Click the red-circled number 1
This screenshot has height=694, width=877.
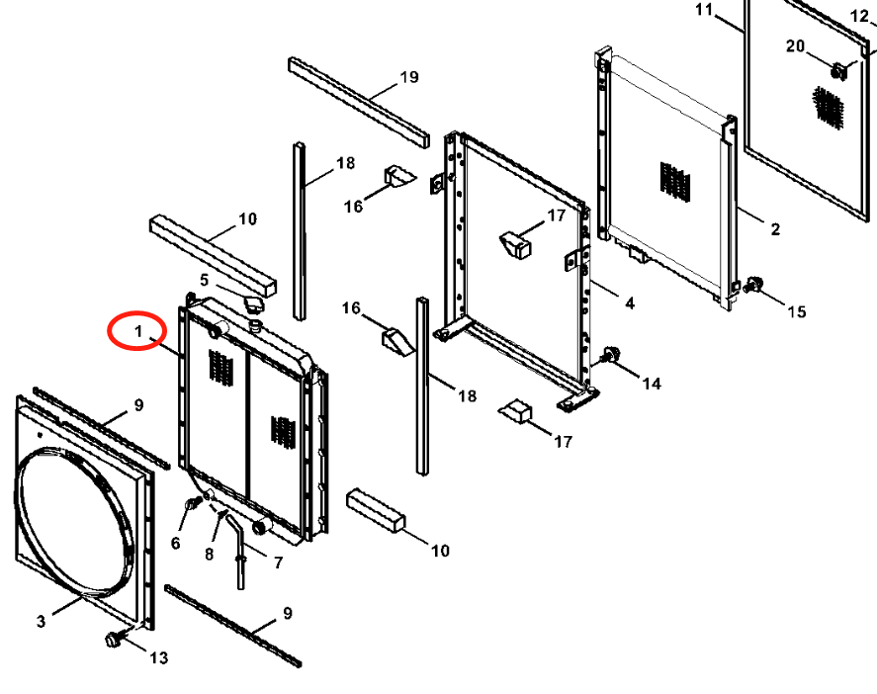click(x=138, y=331)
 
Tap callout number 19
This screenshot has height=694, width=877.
click(x=409, y=76)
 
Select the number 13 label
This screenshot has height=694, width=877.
click(x=159, y=657)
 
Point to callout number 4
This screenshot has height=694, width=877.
click(x=630, y=304)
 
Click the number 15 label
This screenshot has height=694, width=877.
click(x=797, y=311)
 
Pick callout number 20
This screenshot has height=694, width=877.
click(x=795, y=45)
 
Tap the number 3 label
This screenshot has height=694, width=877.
click(x=41, y=621)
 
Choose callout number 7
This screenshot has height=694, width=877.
click(x=278, y=563)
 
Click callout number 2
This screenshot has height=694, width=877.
click(x=774, y=228)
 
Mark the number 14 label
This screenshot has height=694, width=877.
click(x=651, y=384)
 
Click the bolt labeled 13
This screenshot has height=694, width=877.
click(x=114, y=639)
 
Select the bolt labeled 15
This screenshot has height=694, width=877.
click(x=753, y=284)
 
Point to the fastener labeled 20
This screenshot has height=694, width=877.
click(x=838, y=71)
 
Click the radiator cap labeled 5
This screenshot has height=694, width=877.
click(x=253, y=304)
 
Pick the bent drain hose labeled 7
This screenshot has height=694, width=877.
click(x=236, y=551)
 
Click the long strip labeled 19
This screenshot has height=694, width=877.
click(x=359, y=103)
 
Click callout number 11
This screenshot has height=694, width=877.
click(x=704, y=10)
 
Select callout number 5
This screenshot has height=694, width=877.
click(x=204, y=280)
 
